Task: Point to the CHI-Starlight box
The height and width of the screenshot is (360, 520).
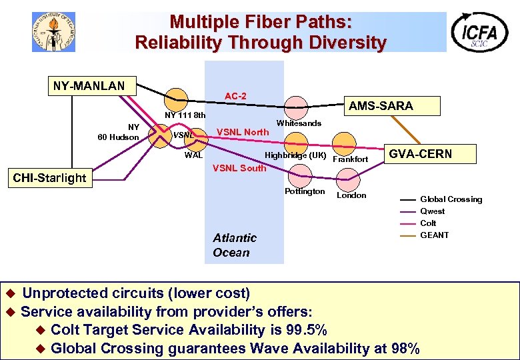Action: pos(50,177)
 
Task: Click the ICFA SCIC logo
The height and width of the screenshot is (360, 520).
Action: pos(479,31)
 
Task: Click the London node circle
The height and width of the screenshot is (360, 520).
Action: pos(349,179)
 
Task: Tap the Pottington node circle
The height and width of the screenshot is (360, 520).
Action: pos(301,176)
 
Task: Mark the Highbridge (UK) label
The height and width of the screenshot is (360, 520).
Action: pos(295,156)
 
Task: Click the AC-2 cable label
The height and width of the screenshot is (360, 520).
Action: pos(235,96)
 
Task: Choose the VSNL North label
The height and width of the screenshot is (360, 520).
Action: pos(243,132)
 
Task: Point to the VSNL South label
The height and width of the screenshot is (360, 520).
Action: pos(239,168)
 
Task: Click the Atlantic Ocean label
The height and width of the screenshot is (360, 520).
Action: pos(234,245)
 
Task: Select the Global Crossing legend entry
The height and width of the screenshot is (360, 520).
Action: pos(451,199)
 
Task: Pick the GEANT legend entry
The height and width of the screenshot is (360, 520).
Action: pos(435,235)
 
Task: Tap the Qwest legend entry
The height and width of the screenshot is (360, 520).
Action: pos(433,211)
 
